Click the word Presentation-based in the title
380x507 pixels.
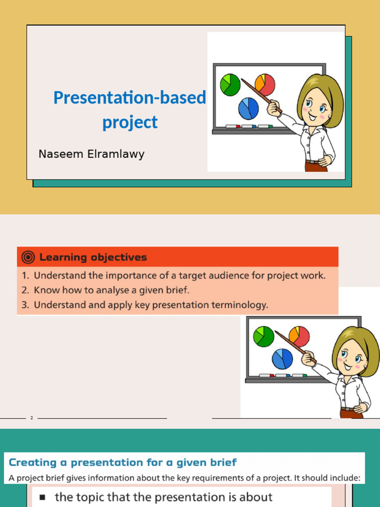click(x=129, y=98)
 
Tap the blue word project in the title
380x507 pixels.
click(x=130, y=122)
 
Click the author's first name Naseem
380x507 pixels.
click(x=58, y=154)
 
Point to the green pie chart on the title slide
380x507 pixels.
click(x=230, y=84)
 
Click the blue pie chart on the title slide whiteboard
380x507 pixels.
click(x=248, y=108)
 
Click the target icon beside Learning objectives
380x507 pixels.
click(x=29, y=257)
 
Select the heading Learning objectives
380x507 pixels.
click(x=93, y=257)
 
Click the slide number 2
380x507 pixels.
click(x=31, y=418)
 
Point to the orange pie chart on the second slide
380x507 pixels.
click(x=299, y=336)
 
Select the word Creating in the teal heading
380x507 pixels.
click(x=33, y=462)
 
